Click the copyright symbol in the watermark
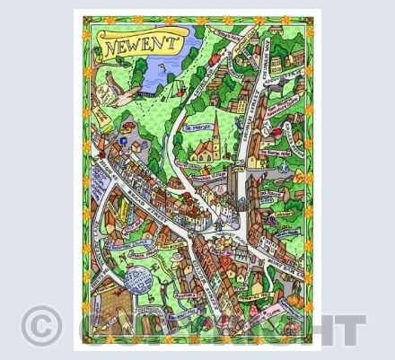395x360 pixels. pos(41,324)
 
